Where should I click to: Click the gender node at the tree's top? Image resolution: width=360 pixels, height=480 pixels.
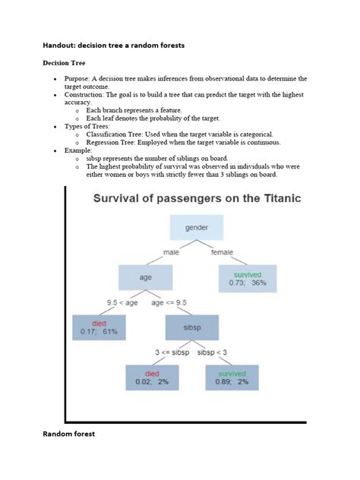(x=197, y=227)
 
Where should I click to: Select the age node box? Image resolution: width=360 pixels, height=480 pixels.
(x=145, y=277)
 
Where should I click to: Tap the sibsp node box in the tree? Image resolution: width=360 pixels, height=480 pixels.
(x=191, y=327)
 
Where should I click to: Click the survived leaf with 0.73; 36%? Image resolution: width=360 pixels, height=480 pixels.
(x=248, y=277)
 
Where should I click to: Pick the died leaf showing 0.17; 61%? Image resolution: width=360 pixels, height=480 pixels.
(x=99, y=327)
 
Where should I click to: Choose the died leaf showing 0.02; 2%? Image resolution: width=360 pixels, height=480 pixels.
(x=152, y=377)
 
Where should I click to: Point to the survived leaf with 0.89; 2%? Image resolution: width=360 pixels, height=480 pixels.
(x=232, y=377)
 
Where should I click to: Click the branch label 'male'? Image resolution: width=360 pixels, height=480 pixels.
(x=172, y=252)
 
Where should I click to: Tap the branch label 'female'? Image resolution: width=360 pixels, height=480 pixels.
(x=222, y=252)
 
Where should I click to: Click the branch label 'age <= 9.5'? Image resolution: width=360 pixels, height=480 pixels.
(x=169, y=302)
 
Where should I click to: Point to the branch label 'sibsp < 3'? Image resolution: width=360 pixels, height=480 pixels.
(x=213, y=352)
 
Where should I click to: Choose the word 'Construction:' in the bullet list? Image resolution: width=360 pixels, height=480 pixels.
(x=89, y=96)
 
